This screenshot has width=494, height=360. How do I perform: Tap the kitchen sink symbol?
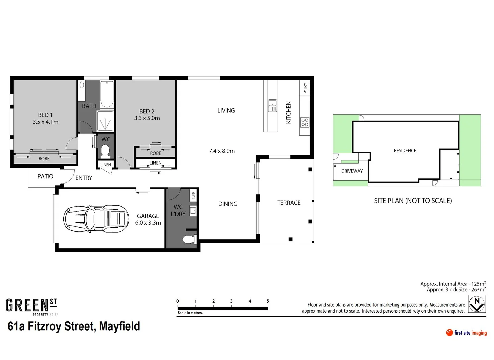pyautogui.click(x=272, y=105)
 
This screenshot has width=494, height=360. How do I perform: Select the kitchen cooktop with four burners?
pyautogui.click(x=305, y=122)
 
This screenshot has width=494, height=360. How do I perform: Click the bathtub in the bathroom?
pyautogui.click(x=107, y=94)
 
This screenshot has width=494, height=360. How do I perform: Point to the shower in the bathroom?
pyautogui.click(x=105, y=121)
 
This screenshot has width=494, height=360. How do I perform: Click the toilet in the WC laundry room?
pyautogui.click(x=189, y=239)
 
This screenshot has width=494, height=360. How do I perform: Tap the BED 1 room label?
pyautogui.click(x=45, y=115)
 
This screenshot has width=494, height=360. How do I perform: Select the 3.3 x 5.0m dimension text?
pyautogui.click(x=147, y=118)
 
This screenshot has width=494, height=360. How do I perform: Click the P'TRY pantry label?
pyautogui.click(x=305, y=88)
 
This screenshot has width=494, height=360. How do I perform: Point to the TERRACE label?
pyautogui.click(x=289, y=203)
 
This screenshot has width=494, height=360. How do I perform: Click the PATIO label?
pyautogui.click(x=45, y=176)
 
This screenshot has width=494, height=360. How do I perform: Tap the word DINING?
pyautogui.click(x=228, y=204)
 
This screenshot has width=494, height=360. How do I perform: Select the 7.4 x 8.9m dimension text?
pyautogui.click(x=222, y=151)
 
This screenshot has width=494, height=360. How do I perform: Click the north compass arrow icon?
pyautogui.click(x=477, y=304)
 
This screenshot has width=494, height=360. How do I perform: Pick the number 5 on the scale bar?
pyautogui.click(x=268, y=301)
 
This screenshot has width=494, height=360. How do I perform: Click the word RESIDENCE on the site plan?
pyautogui.click(x=405, y=151)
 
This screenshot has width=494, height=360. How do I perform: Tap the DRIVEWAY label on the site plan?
pyautogui.click(x=352, y=171)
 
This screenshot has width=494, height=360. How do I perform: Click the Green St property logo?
pyautogui.click(x=32, y=307)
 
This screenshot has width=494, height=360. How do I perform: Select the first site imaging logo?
pyautogui.click(x=466, y=333)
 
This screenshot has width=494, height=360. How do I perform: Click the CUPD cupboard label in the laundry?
pyautogui.click(x=193, y=195)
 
